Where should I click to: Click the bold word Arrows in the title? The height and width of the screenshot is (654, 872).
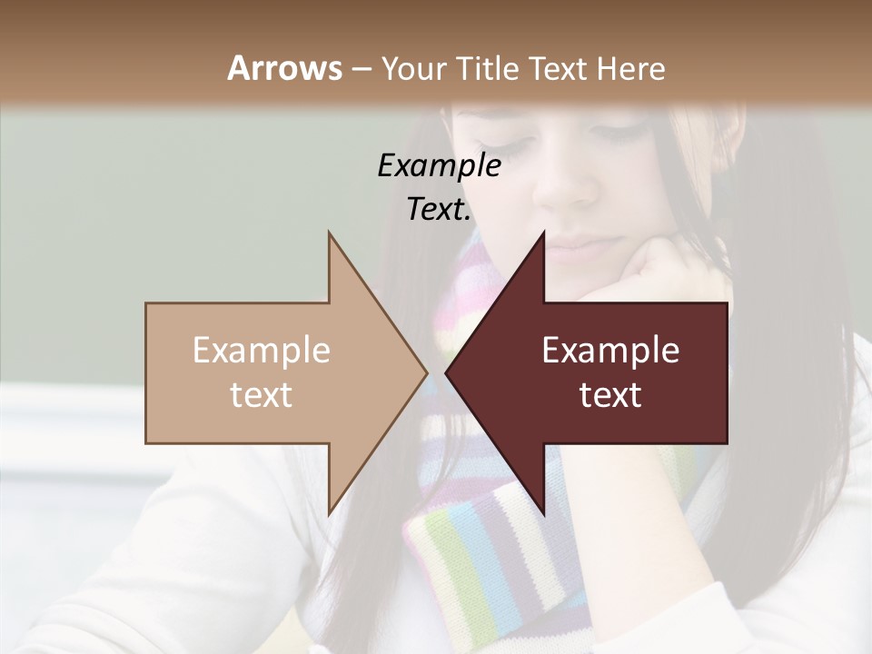(285, 68)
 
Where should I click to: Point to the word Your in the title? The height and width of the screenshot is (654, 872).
(411, 68)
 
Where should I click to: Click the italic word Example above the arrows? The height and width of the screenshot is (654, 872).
(439, 165)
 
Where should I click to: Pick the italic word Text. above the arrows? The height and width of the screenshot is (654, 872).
(439, 209)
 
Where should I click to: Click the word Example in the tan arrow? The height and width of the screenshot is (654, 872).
(262, 351)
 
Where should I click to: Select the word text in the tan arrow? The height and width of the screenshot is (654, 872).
(262, 395)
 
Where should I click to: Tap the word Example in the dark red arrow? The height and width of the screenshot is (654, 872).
(610, 351)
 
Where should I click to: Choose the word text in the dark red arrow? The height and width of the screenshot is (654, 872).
(610, 395)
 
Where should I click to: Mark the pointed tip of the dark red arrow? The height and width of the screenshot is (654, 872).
(447, 372)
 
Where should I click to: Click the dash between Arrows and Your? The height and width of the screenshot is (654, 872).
(361, 69)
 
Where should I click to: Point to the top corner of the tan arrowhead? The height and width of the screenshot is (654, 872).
(329, 233)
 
